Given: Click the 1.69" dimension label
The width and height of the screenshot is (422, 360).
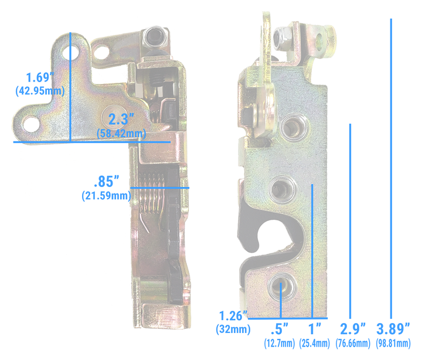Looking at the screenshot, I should tap(39, 77).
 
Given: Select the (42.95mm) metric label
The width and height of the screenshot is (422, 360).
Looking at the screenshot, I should tap(39, 91).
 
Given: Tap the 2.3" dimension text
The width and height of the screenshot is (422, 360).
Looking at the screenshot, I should tap(121, 120).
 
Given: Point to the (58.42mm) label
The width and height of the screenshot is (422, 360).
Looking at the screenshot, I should tap(121, 134).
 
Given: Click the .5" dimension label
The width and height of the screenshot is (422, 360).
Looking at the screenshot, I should tap(281, 328).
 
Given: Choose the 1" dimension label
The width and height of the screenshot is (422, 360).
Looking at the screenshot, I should tap(315, 328).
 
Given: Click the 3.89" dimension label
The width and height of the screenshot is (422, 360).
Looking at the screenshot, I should tap(393, 328).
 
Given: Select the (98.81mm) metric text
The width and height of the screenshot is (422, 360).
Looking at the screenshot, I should tap(393, 343).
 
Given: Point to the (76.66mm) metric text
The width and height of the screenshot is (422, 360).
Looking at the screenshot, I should tap(353, 343).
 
